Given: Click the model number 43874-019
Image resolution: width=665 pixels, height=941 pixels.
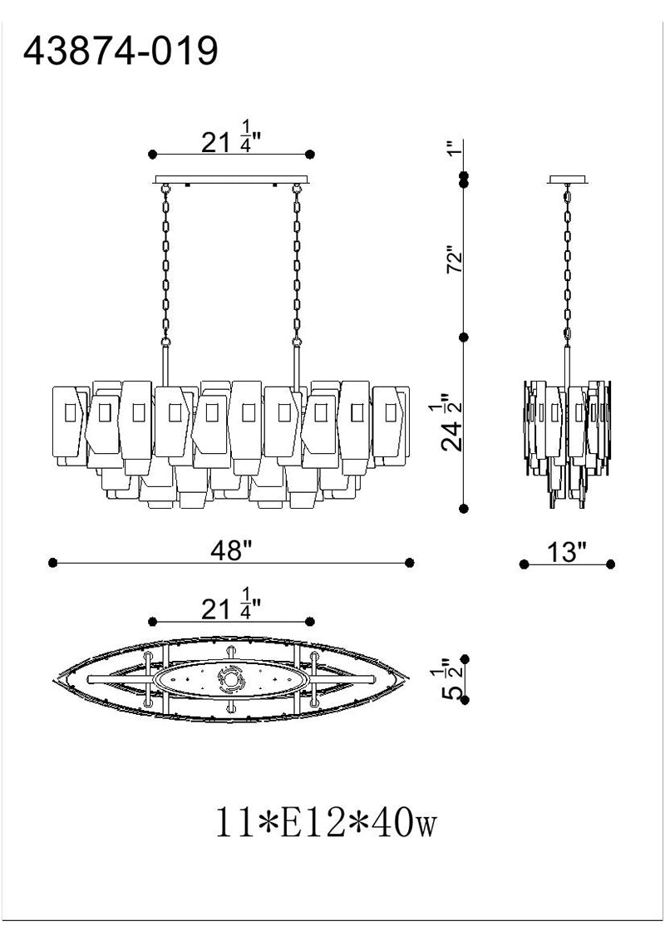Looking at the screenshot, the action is point(120,51).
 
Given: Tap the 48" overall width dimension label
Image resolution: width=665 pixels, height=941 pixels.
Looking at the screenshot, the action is point(230,550).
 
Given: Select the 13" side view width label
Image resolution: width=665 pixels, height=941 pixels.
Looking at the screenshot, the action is point(566,552).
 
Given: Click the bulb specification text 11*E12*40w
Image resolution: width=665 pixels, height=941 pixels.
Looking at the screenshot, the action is point(326,823).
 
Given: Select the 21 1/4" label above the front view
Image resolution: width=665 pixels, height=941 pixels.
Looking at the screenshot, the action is point(231,137).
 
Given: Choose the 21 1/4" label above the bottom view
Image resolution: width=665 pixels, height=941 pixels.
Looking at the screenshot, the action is point(231,605).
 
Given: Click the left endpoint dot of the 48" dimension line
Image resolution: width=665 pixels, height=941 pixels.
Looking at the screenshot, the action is point(53,562).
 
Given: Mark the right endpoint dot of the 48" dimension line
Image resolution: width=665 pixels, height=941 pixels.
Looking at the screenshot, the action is point(409,562).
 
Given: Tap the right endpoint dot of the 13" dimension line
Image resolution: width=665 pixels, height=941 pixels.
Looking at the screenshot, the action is point(610,564).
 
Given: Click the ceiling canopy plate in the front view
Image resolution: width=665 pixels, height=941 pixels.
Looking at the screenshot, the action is point(232,180).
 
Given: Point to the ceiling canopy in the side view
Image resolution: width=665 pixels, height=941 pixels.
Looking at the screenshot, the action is point(568,179).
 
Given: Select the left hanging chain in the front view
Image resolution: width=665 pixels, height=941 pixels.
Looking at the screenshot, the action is point(165,264).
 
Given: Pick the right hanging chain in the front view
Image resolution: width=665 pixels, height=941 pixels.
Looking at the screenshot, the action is point(297,264).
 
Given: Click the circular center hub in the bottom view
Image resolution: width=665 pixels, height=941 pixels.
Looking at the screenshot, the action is point(230,679).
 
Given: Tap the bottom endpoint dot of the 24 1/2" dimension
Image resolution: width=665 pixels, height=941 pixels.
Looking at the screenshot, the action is point(463,508).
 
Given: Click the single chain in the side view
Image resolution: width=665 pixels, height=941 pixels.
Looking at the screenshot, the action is point(567,264).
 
